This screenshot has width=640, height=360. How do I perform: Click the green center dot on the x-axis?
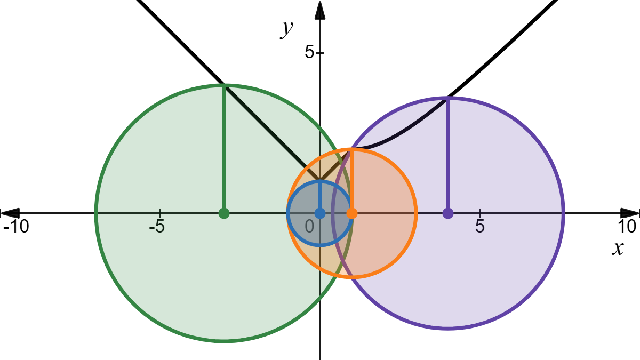tap(224, 213)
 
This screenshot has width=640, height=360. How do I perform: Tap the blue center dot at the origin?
tap(320, 213)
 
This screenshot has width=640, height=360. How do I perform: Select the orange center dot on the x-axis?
tap(352, 213)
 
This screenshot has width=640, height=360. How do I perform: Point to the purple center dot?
tap(448, 213)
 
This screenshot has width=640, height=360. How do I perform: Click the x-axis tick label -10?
tap(16, 227)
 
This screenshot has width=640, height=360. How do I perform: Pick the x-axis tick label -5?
tap(157, 227)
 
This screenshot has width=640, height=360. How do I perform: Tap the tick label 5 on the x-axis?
tap(480, 227)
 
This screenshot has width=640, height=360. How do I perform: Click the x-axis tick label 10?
tap(628, 227)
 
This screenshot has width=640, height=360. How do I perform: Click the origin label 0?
tap(310, 227)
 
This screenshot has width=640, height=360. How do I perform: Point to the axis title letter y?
tap(287, 29)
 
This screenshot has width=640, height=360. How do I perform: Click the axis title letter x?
tap(618, 248)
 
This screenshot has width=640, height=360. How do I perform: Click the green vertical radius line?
tap(224, 149)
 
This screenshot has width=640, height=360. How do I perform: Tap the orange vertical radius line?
tap(352, 181)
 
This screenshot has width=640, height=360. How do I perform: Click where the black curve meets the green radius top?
tap(224, 85)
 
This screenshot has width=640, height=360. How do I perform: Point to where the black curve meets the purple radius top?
tap(448, 98)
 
